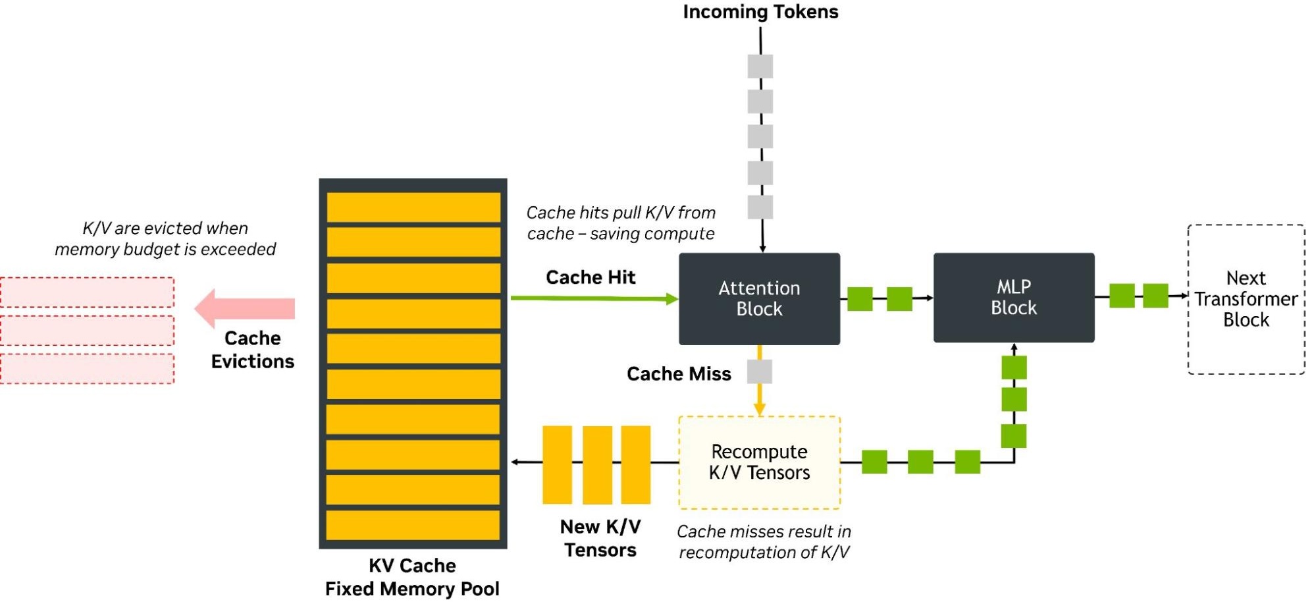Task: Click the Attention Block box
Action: pos(759,298)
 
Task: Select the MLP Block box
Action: pos(1013,297)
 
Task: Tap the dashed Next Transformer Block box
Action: pos(1246,299)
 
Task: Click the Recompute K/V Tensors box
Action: pos(759,462)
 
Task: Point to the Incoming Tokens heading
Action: pos(760,12)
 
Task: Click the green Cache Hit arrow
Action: pos(592,298)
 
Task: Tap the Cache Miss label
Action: pos(679,374)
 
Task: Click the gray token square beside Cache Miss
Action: pos(760,372)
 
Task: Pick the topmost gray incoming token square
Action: pos(760,67)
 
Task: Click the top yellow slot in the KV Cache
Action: pos(413,207)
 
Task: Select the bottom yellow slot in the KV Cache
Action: pos(413,525)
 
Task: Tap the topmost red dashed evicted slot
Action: pos(88,292)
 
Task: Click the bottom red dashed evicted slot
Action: pos(88,369)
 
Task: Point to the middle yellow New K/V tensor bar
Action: pos(597,464)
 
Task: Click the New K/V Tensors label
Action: pos(600,538)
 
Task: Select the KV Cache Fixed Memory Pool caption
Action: pos(412,577)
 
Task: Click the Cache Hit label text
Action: pos(591,277)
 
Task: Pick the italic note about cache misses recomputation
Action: pos(764,541)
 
